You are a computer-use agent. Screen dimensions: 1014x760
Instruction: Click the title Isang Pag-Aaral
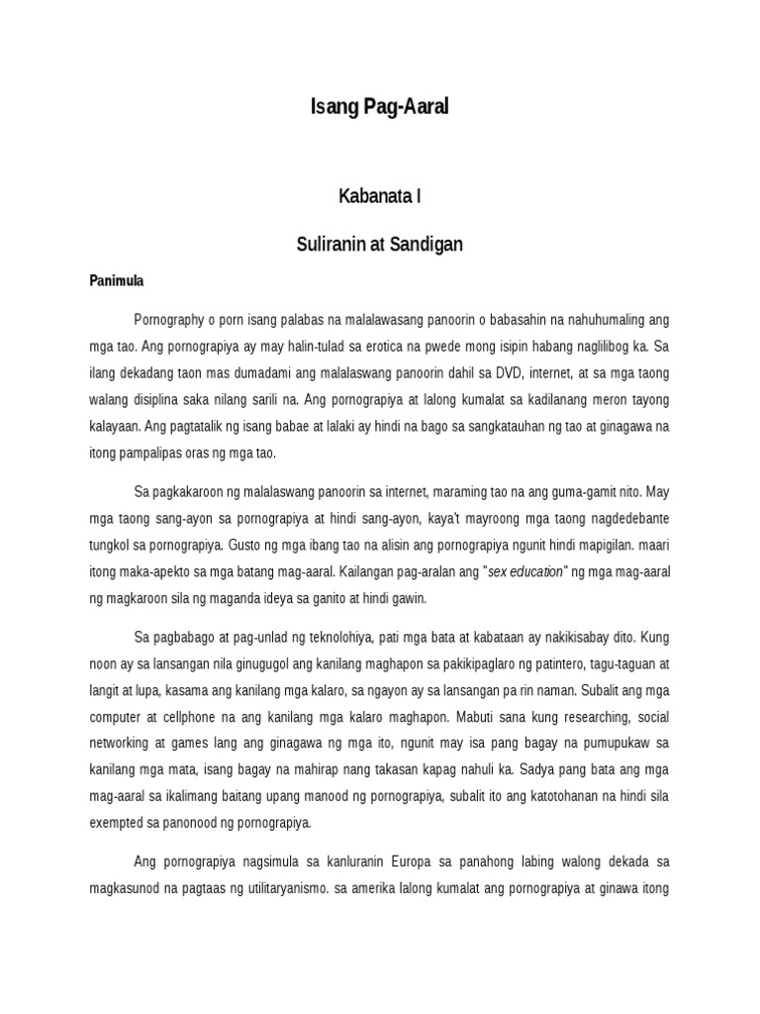click(379, 107)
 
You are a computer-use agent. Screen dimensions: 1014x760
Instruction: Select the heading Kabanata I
click(379, 196)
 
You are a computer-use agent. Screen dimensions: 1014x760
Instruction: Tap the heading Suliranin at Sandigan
click(379, 244)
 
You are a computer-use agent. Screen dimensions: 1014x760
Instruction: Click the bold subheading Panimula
click(117, 281)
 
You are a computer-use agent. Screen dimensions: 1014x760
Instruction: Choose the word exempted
click(122, 821)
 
